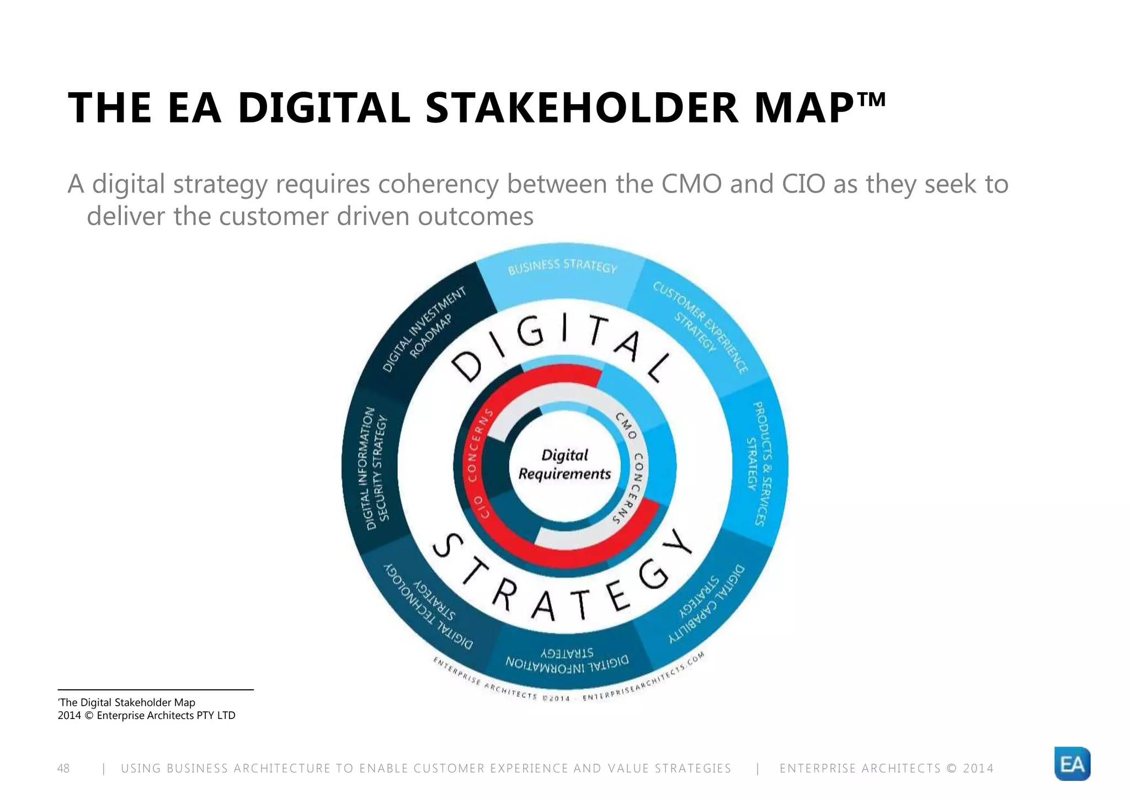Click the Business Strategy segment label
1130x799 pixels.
(562, 267)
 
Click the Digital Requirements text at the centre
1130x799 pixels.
(564, 465)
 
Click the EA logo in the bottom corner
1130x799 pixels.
(1072, 764)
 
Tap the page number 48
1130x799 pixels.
(63, 768)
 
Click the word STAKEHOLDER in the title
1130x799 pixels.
(582, 108)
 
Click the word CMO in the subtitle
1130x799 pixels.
(691, 184)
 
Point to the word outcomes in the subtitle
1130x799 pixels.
(476, 216)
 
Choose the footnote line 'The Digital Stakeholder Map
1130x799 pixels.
(127, 702)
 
